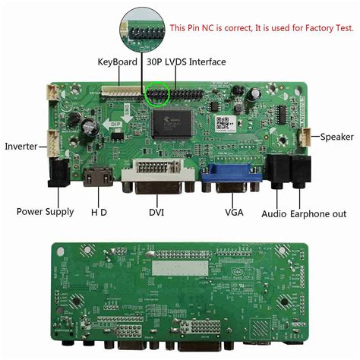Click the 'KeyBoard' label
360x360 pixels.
(116, 62)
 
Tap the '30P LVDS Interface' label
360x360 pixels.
(186, 62)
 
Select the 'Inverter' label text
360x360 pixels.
(22, 146)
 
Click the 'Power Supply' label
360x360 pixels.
(45, 212)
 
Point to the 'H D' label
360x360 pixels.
(99, 212)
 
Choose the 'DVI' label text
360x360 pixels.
(157, 213)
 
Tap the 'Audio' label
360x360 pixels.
(273, 213)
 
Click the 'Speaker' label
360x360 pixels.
(336, 137)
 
